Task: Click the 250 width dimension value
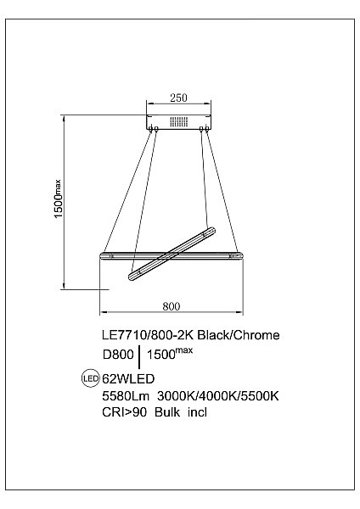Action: (x=177, y=98)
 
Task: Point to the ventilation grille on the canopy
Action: (x=177, y=121)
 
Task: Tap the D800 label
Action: (x=117, y=356)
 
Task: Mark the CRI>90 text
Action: (x=120, y=412)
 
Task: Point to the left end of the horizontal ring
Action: (x=104, y=254)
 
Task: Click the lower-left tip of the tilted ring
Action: (x=132, y=276)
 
